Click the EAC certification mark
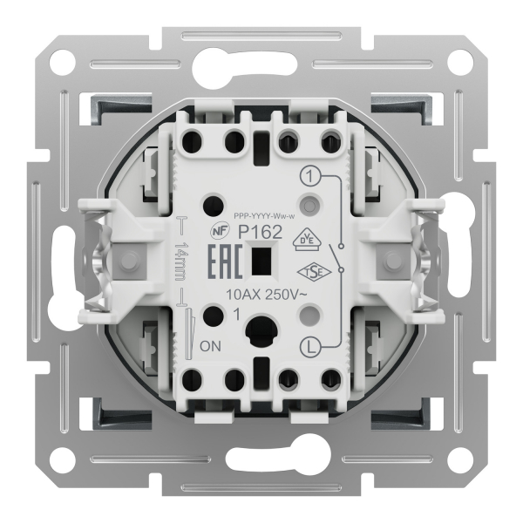tap(225, 261)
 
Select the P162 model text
tap(260, 232)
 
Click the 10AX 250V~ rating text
tap(267, 295)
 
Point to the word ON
tap(210, 347)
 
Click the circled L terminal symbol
tap(311, 348)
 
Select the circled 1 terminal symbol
tap(310, 176)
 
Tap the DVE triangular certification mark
tap(307, 240)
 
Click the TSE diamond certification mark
tap(314, 273)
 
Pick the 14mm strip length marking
tap(182, 261)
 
